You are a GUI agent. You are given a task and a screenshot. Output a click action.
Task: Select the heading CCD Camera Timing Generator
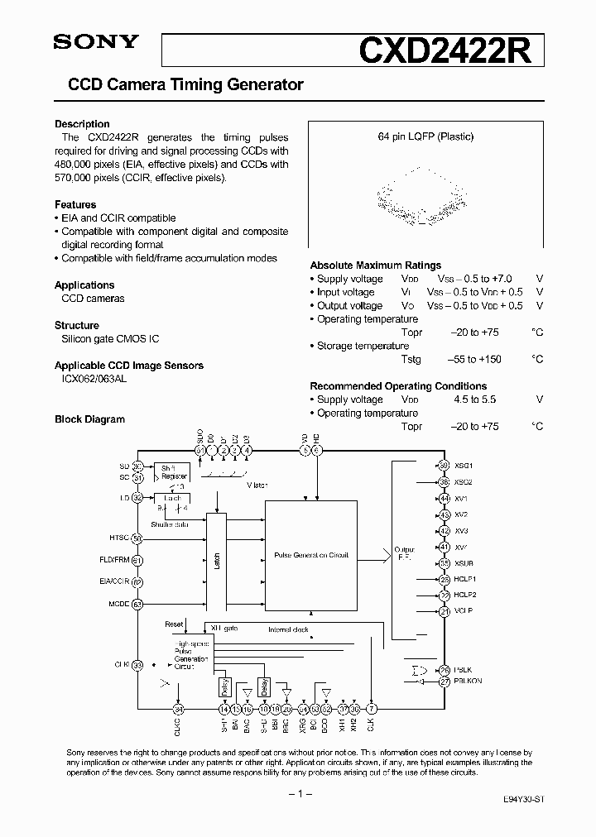pos(185,84)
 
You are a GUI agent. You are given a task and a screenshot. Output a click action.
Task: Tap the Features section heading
pos(75,204)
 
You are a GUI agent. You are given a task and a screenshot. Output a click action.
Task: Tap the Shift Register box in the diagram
pos(174,471)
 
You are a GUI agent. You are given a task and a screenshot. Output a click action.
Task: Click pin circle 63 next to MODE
pos(137,604)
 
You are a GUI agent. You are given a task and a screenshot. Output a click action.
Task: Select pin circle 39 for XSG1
pos(445,466)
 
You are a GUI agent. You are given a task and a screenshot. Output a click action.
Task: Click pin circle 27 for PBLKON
pos(445,681)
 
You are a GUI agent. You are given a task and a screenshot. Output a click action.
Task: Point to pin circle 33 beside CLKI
pos(137,664)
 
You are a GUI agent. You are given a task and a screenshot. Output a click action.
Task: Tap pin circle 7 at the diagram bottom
pos(372,709)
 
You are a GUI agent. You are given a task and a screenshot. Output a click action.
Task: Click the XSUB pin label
pos(464,562)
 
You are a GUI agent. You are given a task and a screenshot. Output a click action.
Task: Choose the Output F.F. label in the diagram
pos(404,553)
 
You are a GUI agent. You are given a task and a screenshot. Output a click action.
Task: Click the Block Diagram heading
pos(89,419)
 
